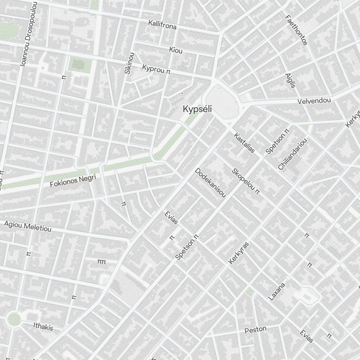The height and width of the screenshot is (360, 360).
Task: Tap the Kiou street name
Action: pyautogui.click(x=176, y=50)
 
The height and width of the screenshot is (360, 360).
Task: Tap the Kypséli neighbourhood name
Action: pyautogui.click(x=197, y=108)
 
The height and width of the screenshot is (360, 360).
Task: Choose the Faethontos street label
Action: pyautogui.click(x=296, y=30)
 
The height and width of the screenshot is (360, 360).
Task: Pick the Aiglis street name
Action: pyautogui.click(x=290, y=80)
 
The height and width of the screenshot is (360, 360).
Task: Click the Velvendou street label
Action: pyautogui.click(x=314, y=100)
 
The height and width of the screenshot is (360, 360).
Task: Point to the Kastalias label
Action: pyautogui.click(x=244, y=143)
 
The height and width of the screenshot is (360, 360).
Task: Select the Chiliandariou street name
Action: pyautogui.click(x=293, y=154)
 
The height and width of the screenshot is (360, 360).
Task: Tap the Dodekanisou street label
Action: pyautogui.click(x=210, y=183)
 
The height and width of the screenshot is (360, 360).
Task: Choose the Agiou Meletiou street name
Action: pyautogui.click(x=28, y=226)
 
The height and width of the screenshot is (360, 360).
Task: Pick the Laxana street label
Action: pyautogui.click(x=277, y=291)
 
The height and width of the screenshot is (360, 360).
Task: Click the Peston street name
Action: pyautogui.click(x=256, y=329)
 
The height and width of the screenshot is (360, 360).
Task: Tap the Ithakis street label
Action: pyautogui.click(x=43, y=326)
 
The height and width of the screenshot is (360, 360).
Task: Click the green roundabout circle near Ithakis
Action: pyautogui.click(x=14, y=318)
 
